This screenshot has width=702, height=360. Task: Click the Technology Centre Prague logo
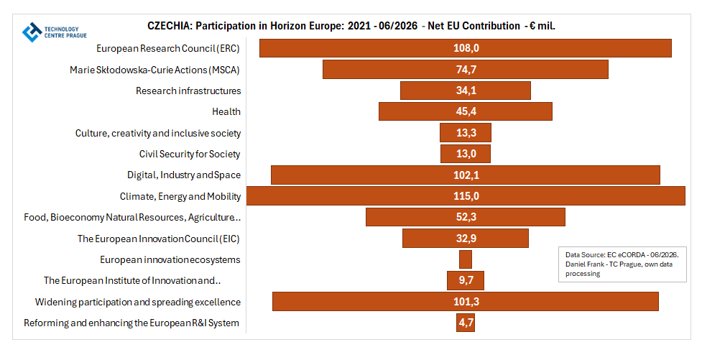click(x=54, y=32)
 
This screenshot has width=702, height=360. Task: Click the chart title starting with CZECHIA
click(x=351, y=26)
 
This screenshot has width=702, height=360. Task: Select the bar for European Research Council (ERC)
click(x=466, y=48)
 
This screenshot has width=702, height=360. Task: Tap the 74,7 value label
click(x=466, y=70)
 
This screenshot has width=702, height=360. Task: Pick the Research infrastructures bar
click(x=466, y=91)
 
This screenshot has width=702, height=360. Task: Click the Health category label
click(x=226, y=111)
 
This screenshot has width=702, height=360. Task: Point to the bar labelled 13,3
click(x=466, y=132)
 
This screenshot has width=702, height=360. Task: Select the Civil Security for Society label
click(x=190, y=154)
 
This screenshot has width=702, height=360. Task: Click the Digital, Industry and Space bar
click(x=466, y=175)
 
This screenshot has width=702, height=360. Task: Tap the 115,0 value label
click(x=466, y=196)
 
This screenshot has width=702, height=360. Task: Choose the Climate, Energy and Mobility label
click(x=180, y=197)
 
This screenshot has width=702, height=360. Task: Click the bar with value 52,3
click(x=466, y=217)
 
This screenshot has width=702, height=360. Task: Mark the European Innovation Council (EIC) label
click(x=159, y=239)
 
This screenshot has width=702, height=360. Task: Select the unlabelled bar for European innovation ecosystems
click(x=466, y=259)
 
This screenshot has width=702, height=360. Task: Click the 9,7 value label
click(x=466, y=280)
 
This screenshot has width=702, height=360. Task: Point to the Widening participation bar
click(x=466, y=301)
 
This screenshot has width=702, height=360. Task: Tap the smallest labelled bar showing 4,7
click(x=466, y=323)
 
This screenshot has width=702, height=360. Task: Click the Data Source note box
click(x=622, y=264)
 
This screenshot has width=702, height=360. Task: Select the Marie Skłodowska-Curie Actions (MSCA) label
click(x=154, y=70)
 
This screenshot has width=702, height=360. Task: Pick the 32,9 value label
click(x=466, y=239)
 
